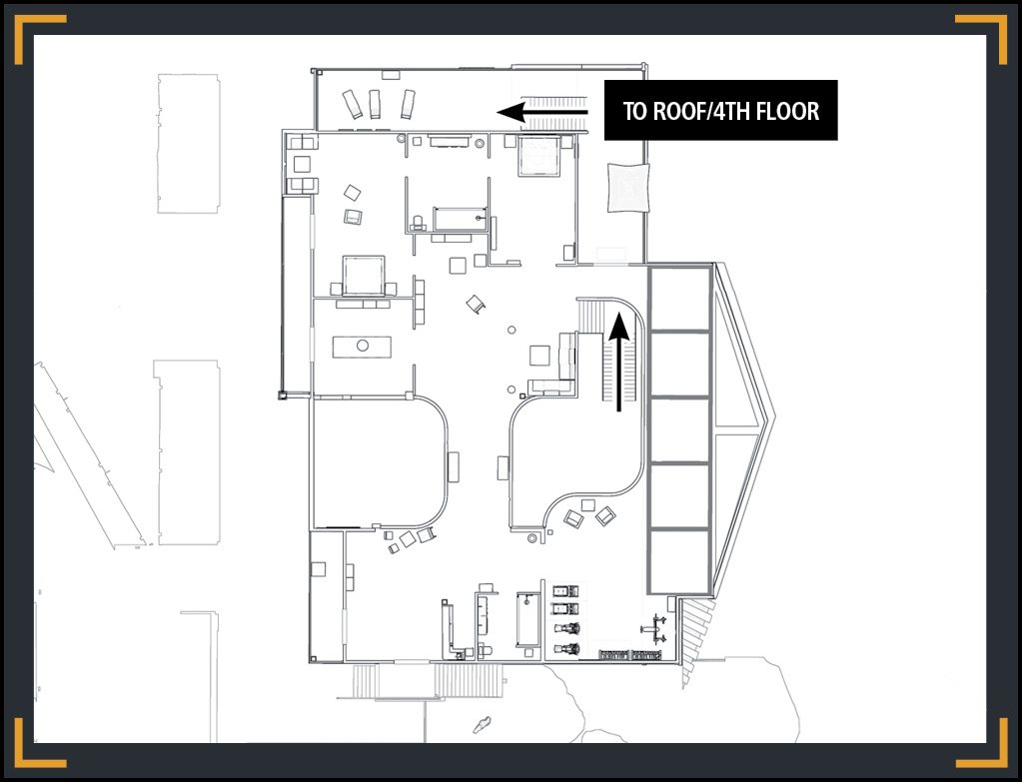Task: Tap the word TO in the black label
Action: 635,112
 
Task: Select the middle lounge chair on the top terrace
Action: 375,104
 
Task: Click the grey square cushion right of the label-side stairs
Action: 629,187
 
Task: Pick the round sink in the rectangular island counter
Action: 363,346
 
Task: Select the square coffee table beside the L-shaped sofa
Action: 539,356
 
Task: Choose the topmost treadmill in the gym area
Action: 565,591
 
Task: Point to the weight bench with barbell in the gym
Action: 653,629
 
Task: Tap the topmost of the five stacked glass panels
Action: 679,299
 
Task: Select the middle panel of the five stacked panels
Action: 679,430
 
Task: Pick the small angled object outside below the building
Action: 483,725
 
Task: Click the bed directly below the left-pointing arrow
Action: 539,156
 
